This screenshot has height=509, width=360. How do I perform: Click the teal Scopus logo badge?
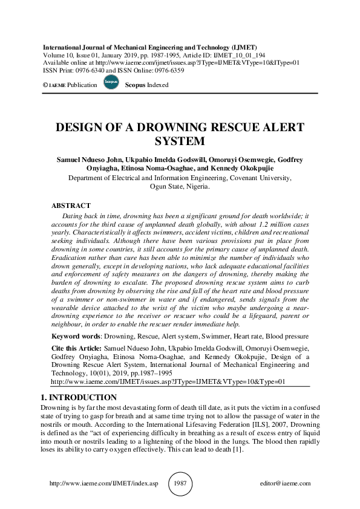[x=111, y=82]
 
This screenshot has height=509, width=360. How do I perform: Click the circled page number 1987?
[x=180, y=484]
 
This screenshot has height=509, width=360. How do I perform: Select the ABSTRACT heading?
[x=71, y=206]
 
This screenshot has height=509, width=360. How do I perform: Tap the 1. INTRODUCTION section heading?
[x=78, y=397]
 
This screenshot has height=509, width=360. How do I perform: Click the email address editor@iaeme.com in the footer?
[x=284, y=484]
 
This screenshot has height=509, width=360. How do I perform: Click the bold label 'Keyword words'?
[x=74, y=335]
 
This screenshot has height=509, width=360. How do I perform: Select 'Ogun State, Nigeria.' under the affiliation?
[x=180, y=187]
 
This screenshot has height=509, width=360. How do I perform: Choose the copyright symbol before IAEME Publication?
[x=45, y=85]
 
